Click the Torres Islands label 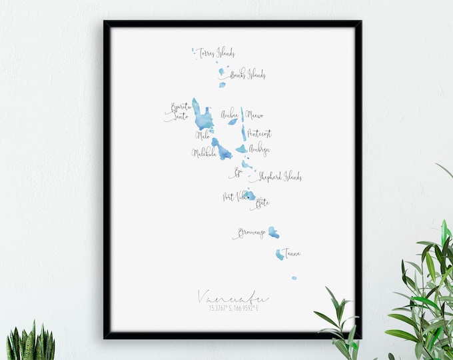click(x=216, y=53)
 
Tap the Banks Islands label click(x=247, y=75)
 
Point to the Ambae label click(x=230, y=113)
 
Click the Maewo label click(x=254, y=115)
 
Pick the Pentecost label click(x=259, y=133)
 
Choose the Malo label click(x=203, y=135)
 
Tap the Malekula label click(x=204, y=153)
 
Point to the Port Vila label click(x=234, y=197)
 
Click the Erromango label click(x=250, y=233)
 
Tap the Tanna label click(x=290, y=253)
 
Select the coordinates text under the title click(x=232, y=308)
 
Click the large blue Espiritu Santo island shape click(x=201, y=117)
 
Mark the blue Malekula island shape click(x=221, y=150)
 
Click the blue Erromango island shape click(x=273, y=232)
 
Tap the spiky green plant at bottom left click(x=31, y=344)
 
